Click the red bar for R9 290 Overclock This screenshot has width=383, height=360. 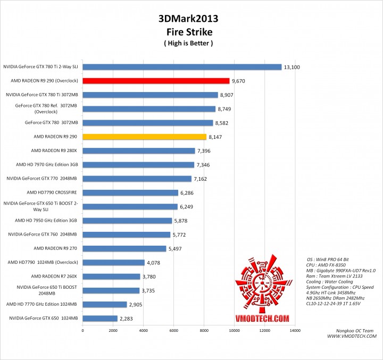coord(156,81)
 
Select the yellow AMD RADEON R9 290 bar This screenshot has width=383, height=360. coord(144,137)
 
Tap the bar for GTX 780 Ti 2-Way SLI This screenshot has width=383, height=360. coord(182,67)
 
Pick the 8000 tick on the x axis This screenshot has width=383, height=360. coord(204,331)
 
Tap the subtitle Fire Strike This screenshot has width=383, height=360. coord(188,31)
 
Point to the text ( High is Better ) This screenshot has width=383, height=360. coord(188,43)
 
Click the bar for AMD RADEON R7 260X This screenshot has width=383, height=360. coord(111,276)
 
